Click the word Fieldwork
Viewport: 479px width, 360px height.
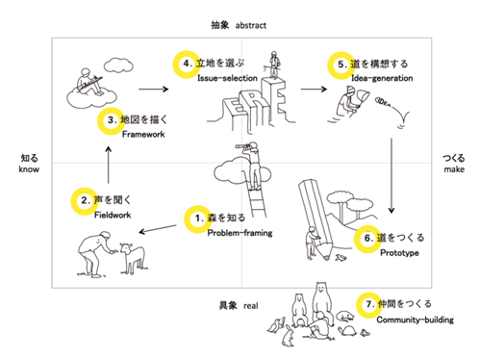(113, 215)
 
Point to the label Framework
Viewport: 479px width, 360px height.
(143, 134)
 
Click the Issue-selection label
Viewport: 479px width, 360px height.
(227, 78)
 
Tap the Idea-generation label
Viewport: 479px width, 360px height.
(382, 78)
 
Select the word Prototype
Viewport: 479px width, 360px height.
(399, 253)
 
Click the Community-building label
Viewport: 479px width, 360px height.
(416, 320)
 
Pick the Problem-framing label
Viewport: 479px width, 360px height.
(239, 233)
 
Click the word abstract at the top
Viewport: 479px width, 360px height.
(251, 25)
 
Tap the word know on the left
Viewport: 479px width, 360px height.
(29, 169)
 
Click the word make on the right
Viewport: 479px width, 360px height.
(454, 169)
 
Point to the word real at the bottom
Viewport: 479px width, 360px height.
(251, 306)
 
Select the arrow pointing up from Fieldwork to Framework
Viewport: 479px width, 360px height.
(109, 165)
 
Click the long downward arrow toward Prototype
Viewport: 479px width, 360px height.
(391, 176)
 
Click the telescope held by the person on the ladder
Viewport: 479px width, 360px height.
(242, 146)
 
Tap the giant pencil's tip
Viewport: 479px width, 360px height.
(326, 257)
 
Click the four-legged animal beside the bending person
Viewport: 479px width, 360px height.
(132, 258)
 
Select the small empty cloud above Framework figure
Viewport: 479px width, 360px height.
(118, 65)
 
